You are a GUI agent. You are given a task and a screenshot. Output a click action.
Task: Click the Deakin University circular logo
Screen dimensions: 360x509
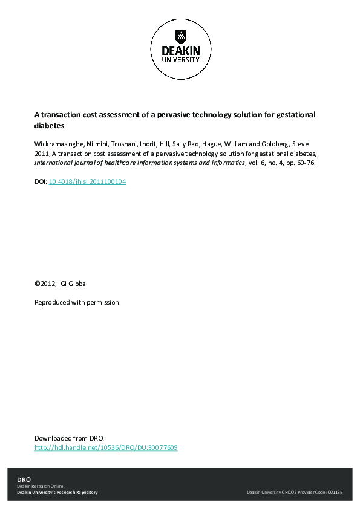pyautogui.click(x=180, y=49)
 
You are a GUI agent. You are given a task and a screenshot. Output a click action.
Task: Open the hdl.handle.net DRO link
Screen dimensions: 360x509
pyautogui.click(x=106, y=448)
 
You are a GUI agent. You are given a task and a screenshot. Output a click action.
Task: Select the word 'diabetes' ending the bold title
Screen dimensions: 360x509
pyautogui.click(x=49, y=126)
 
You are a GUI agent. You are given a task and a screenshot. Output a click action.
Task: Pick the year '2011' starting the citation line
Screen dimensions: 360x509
pyautogui.click(x=42, y=155)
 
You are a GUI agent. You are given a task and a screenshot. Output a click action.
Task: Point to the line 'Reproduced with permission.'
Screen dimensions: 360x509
pyautogui.click(x=77, y=302)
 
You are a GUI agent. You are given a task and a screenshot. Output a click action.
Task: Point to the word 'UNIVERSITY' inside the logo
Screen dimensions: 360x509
pyautogui.click(x=180, y=60)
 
